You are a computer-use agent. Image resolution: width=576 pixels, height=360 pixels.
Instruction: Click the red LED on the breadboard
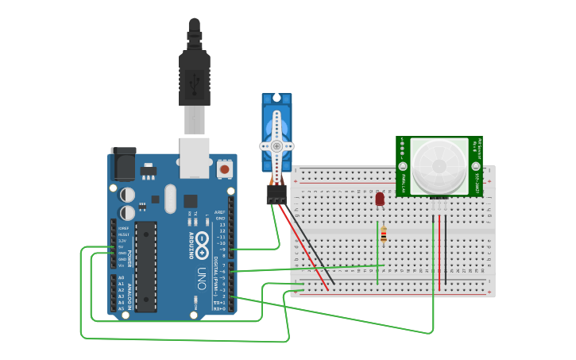(380, 199)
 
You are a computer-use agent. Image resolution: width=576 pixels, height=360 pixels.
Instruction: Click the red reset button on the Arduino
(225, 168)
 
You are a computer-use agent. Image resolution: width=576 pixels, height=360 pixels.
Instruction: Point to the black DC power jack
(122, 163)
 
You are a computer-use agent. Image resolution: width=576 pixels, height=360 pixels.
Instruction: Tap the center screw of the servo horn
(276, 146)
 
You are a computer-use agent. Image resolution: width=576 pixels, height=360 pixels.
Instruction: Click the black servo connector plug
(276, 195)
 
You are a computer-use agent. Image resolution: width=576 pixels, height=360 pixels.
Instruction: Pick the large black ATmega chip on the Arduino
(145, 266)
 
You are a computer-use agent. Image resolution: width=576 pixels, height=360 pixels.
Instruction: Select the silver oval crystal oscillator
(170, 199)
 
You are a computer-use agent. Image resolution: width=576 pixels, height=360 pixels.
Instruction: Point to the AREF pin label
(220, 212)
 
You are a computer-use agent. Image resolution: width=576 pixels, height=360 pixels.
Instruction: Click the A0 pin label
(122, 277)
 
